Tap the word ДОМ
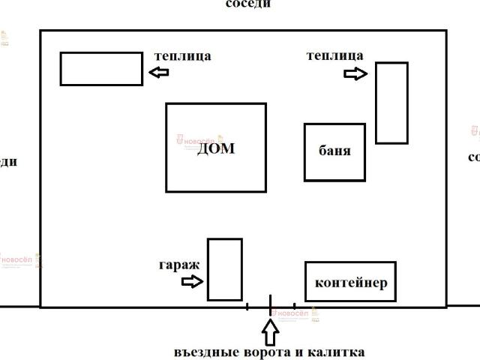click(x=216, y=148)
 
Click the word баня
click(x=334, y=150)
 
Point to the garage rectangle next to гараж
click(x=224, y=269)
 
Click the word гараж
click(x=178, y=265)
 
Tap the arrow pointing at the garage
click(x=193, y=281)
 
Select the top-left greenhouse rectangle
click(x=101, y=68)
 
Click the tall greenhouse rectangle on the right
click(x=391, y=103)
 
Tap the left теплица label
click(x=182, y=55)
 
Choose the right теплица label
click(x=334, y=55)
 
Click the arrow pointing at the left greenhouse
click(x=159, y=72)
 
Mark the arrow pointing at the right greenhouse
click(x=355, y=73)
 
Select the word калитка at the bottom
click(x=336, y=352)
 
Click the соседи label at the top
click(x=248, y=4)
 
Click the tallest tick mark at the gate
click(x=271, y=304)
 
